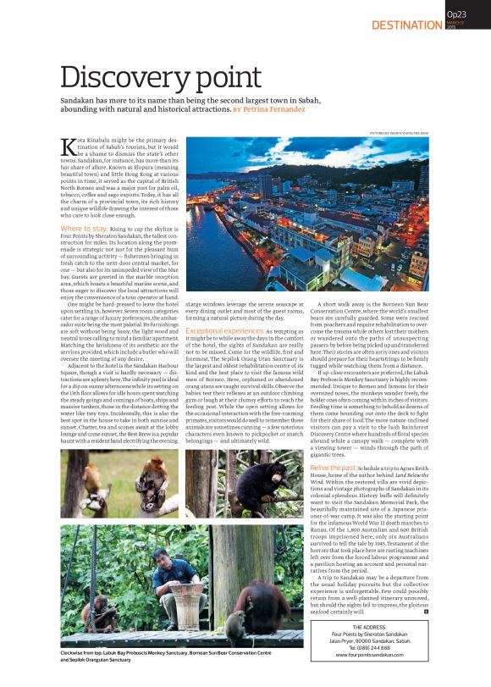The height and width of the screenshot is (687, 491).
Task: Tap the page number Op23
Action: [x=457, y=15]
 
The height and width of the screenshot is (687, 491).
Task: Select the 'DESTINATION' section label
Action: [x=406, y=25]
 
